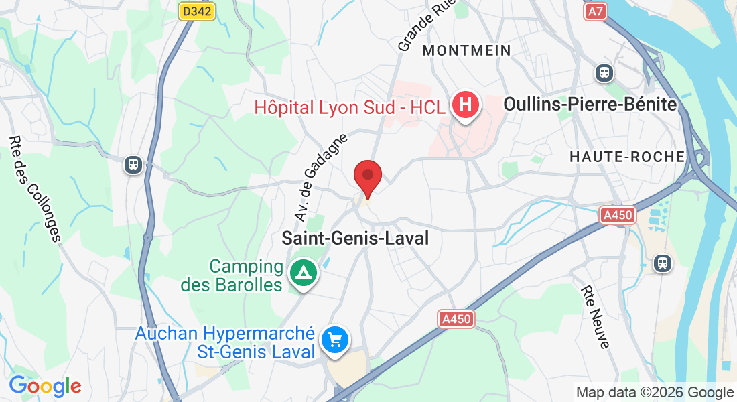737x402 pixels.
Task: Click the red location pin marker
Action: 367,177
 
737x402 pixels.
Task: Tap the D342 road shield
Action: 198,11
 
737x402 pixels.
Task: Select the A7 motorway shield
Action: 594,11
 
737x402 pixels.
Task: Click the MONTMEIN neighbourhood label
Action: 467,50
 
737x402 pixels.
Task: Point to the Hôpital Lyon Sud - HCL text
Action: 349,107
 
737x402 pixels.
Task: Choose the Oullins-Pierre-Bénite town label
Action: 590,105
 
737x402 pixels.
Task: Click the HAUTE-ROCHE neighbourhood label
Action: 627,157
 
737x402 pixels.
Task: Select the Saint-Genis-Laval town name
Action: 355,238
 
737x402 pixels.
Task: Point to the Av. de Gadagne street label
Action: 322,178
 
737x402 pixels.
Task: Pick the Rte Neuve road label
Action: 596,317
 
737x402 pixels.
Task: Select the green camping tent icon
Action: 303,273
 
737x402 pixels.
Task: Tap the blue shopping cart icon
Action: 334,340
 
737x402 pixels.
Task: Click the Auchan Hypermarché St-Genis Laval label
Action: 225,342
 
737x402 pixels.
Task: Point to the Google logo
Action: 45,386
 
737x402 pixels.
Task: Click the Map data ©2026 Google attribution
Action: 655,393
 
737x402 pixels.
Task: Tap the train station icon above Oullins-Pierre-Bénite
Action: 604,72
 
